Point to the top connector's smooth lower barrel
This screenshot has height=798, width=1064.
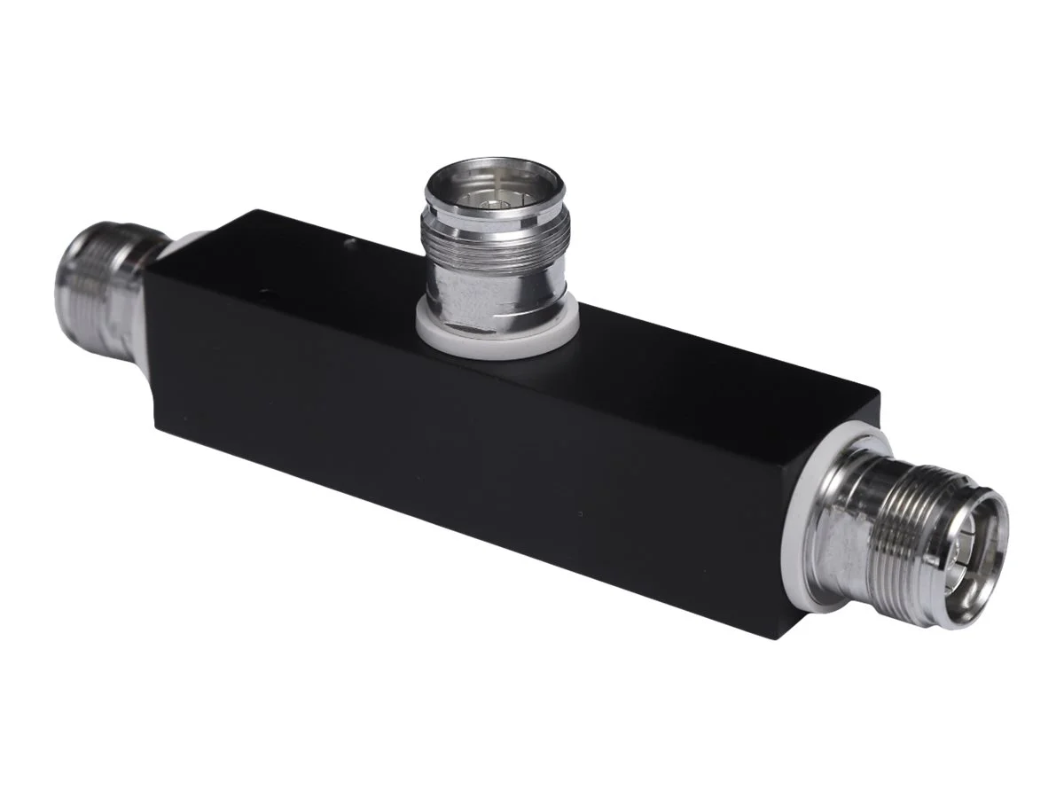pos(488,301)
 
